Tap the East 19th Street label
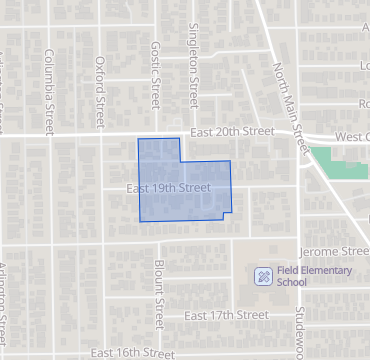[168, 187]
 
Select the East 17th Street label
[228, 316]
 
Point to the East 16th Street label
[126, 353]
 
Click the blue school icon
[263, 275]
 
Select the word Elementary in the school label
[331, 270]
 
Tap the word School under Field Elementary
[293, 282]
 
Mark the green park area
[338, 163]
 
